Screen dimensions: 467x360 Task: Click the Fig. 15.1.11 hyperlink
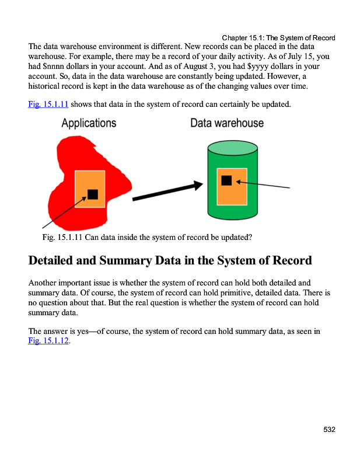click(48, 104)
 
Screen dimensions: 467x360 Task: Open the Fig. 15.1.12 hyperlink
click(48, 341)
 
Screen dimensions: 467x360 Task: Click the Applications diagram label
click(89, 123)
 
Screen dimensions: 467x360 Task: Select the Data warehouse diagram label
click(227, 123)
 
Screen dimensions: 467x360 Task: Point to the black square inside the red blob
click(92, 194)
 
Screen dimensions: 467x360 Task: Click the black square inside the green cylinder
click(226, 181)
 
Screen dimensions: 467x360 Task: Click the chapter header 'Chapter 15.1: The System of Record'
click(278, 38)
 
